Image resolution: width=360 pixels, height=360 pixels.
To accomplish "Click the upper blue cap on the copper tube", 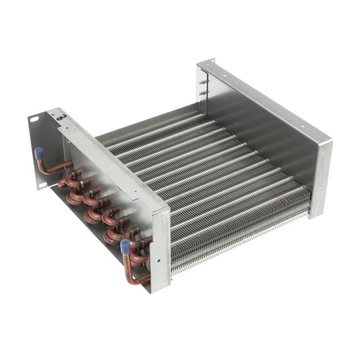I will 39,151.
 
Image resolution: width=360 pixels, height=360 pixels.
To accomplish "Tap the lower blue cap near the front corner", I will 125,244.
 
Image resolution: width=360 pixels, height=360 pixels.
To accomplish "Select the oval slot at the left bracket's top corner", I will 35,119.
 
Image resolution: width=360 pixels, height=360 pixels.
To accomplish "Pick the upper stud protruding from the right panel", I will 203,82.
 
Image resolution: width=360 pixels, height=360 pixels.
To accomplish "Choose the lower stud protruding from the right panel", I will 203,93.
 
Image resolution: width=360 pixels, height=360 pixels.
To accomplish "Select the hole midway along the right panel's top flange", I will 260,100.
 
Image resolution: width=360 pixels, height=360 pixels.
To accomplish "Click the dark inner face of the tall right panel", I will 260,138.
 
